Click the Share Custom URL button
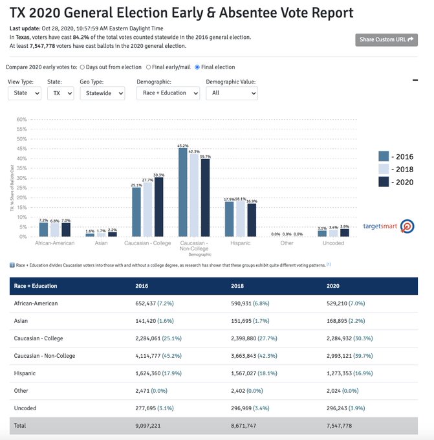[386, 39]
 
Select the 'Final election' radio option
[197, 67]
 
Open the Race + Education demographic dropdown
[170, 93]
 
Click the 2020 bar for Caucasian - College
[159, 207]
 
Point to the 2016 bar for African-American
[43, 229]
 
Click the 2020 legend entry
[396, 182]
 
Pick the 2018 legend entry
[396, 169]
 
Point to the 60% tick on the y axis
[21, 120]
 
